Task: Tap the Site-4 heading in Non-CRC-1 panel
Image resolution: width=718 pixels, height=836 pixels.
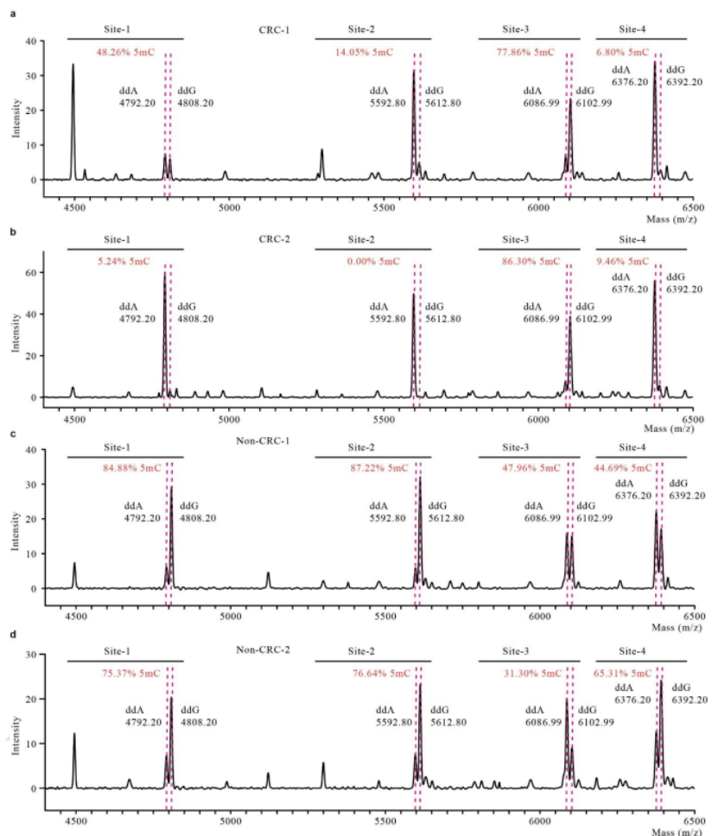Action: pos(640,447)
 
